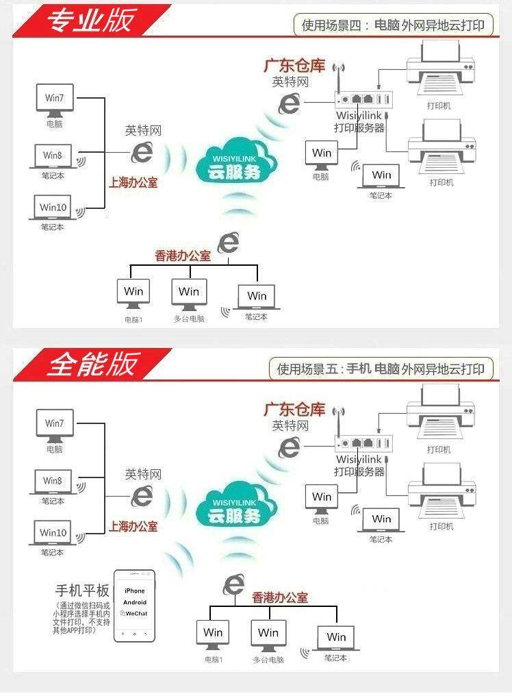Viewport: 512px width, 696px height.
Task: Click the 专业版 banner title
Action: (90, 21)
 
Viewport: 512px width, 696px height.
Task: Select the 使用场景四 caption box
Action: (392, 26)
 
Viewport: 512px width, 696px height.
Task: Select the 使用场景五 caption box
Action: (380, 369)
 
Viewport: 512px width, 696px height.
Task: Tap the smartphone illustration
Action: (134, 606)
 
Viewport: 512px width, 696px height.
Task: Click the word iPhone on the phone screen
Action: (135, 591)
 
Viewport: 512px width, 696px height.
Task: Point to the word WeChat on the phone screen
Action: (136, 614)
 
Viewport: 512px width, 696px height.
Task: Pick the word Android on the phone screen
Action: (135, 602)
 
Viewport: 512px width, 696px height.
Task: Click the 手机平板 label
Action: (82, 591)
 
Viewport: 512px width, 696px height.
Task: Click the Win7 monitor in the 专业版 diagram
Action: (55, 99)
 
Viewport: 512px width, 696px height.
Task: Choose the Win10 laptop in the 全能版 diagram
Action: (53, 534)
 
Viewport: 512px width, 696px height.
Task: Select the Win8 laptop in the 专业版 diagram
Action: (53, 156)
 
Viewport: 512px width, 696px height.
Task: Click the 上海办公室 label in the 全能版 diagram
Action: (133, 526)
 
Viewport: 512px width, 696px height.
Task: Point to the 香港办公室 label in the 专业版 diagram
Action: (183, 256)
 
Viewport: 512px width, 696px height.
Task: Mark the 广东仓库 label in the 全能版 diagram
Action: (294, 409)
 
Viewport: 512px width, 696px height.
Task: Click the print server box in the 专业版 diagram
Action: (363, 100)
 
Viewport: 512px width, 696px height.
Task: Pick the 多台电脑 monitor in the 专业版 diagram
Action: (189, 293)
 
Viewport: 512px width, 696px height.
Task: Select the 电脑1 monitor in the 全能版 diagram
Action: (214, 634)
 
